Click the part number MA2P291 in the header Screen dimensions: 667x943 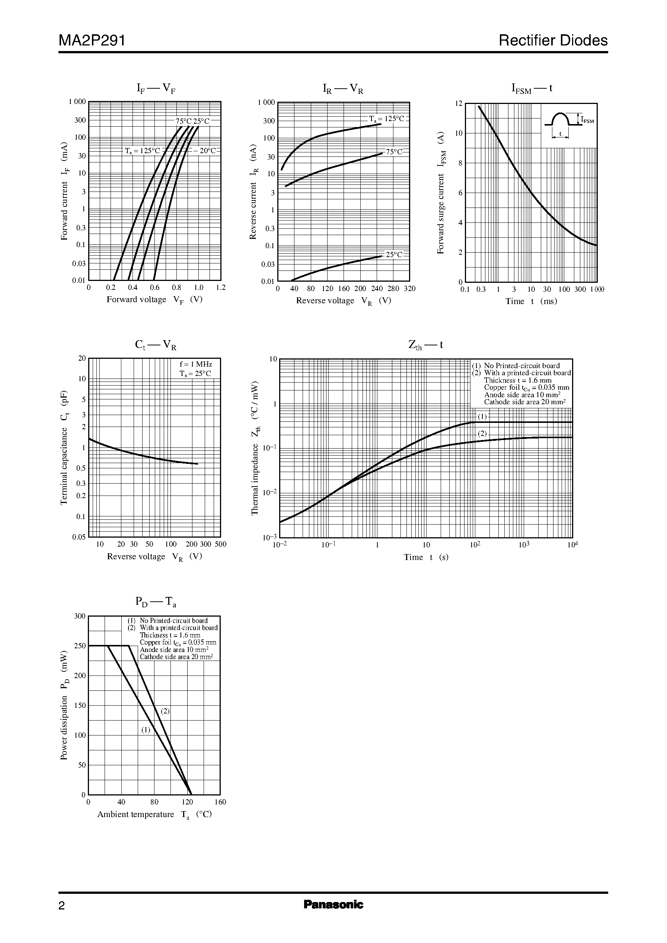[92, 40]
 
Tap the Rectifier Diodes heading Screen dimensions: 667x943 [553, 40]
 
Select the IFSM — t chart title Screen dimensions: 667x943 [532, 88]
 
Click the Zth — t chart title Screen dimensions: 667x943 [425, 345]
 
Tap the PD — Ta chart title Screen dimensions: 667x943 [156, 602]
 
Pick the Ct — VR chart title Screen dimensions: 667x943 [156, 345]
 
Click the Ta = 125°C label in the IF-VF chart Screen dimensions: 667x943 [143, 151]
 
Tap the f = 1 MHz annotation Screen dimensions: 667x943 [196, 364]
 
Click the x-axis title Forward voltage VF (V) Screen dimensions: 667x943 [154, 300]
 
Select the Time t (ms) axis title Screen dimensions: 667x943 [531, 301]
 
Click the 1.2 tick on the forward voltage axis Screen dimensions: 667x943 [221, 288]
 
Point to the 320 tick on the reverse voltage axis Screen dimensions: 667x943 [409, 289]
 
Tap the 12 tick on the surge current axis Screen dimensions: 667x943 [459, 104]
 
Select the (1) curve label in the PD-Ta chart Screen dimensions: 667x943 [146, 730]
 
